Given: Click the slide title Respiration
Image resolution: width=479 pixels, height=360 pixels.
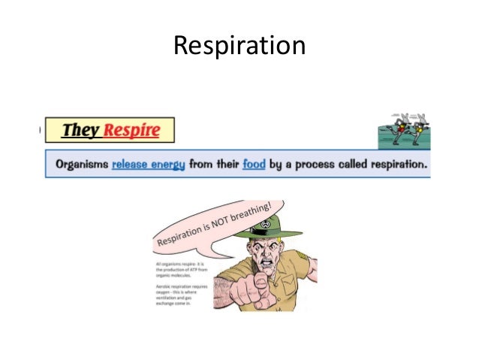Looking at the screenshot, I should [239, 47].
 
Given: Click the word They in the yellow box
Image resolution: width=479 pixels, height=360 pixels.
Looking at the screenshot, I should [81, 130].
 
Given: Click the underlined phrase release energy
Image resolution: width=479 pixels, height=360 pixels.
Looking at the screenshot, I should [148, 164].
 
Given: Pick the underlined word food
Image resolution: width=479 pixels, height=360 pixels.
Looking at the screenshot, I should [254, 164].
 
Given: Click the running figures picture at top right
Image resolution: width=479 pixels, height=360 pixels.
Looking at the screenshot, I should [403, 129].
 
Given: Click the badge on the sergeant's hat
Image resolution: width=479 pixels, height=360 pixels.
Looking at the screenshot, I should [264, 224].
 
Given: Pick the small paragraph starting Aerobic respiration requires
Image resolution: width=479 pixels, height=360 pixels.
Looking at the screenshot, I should [177, 297].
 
